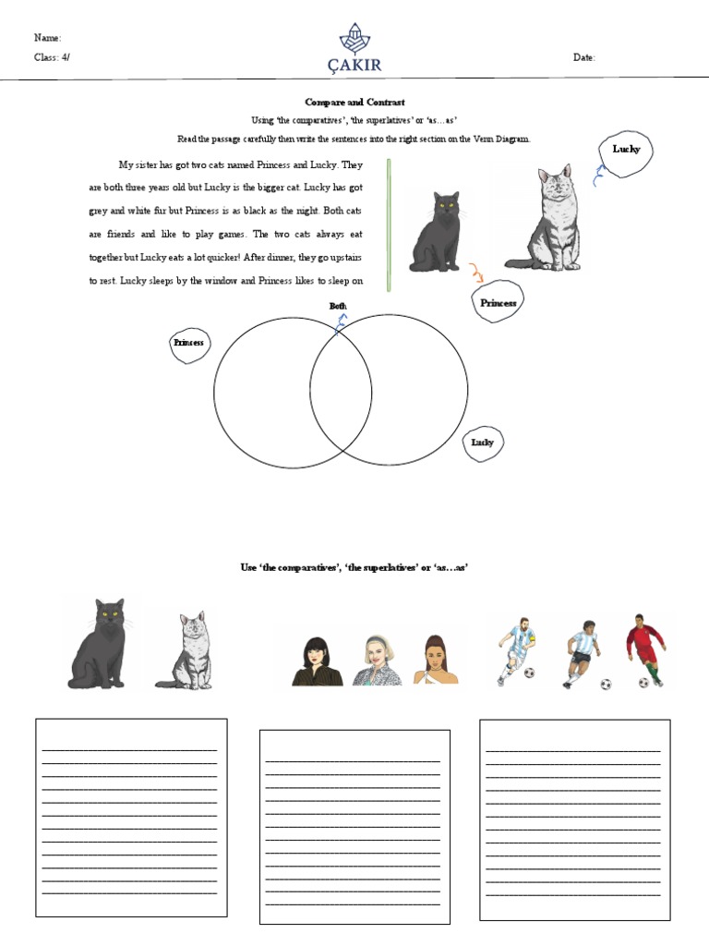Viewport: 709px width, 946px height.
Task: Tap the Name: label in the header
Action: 47,38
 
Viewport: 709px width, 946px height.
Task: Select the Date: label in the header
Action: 583,57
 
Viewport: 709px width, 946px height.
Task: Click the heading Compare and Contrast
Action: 354,102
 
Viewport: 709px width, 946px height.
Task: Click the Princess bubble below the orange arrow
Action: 498,302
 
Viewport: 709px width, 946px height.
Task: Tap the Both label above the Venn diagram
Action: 338,306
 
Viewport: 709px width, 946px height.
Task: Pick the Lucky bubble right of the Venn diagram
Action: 483,443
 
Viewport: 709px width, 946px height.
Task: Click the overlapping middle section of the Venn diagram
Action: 341,390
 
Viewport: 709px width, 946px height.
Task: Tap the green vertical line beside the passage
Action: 389,224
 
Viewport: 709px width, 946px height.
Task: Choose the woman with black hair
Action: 317,660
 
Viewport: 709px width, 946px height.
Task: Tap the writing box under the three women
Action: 354,826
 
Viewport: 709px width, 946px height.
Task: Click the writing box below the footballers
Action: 574,819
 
